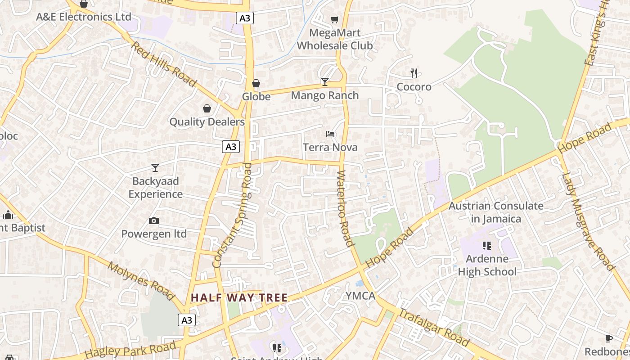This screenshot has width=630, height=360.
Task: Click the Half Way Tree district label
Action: pyautogui.click(x=239, y=297)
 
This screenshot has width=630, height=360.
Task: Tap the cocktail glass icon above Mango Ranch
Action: pyautogui.click(x=325, y=81)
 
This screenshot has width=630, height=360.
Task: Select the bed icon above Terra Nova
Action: pyautogui.click(x=330, y=134)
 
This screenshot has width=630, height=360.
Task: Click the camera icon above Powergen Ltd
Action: pyautogui.click(x=154, y=220)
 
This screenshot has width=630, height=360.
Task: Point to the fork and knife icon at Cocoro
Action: pyautogui.click(x=414, y=73)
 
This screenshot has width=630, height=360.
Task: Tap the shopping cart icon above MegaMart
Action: pyautogui.click(x=334, y=19)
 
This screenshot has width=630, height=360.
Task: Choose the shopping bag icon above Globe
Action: pyautogui.click(x=256, y=83)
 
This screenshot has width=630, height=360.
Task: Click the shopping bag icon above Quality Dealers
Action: pyautogui.click(x=207, y=108)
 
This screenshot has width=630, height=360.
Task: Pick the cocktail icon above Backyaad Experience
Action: pyautogui.click(x=155, y=168)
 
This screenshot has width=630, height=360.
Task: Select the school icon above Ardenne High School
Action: pyautogui.click(x=486, y=246)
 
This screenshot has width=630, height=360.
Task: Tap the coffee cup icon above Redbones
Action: pyautogui.click(x=608, y=338)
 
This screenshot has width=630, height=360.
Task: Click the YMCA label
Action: pyautogui.click(x=360, y=296)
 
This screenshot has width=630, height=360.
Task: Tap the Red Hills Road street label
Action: pyautogui.click(x=164, y=64)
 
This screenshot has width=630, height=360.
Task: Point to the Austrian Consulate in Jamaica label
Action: pyautogui.click(x=496, y=212)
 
